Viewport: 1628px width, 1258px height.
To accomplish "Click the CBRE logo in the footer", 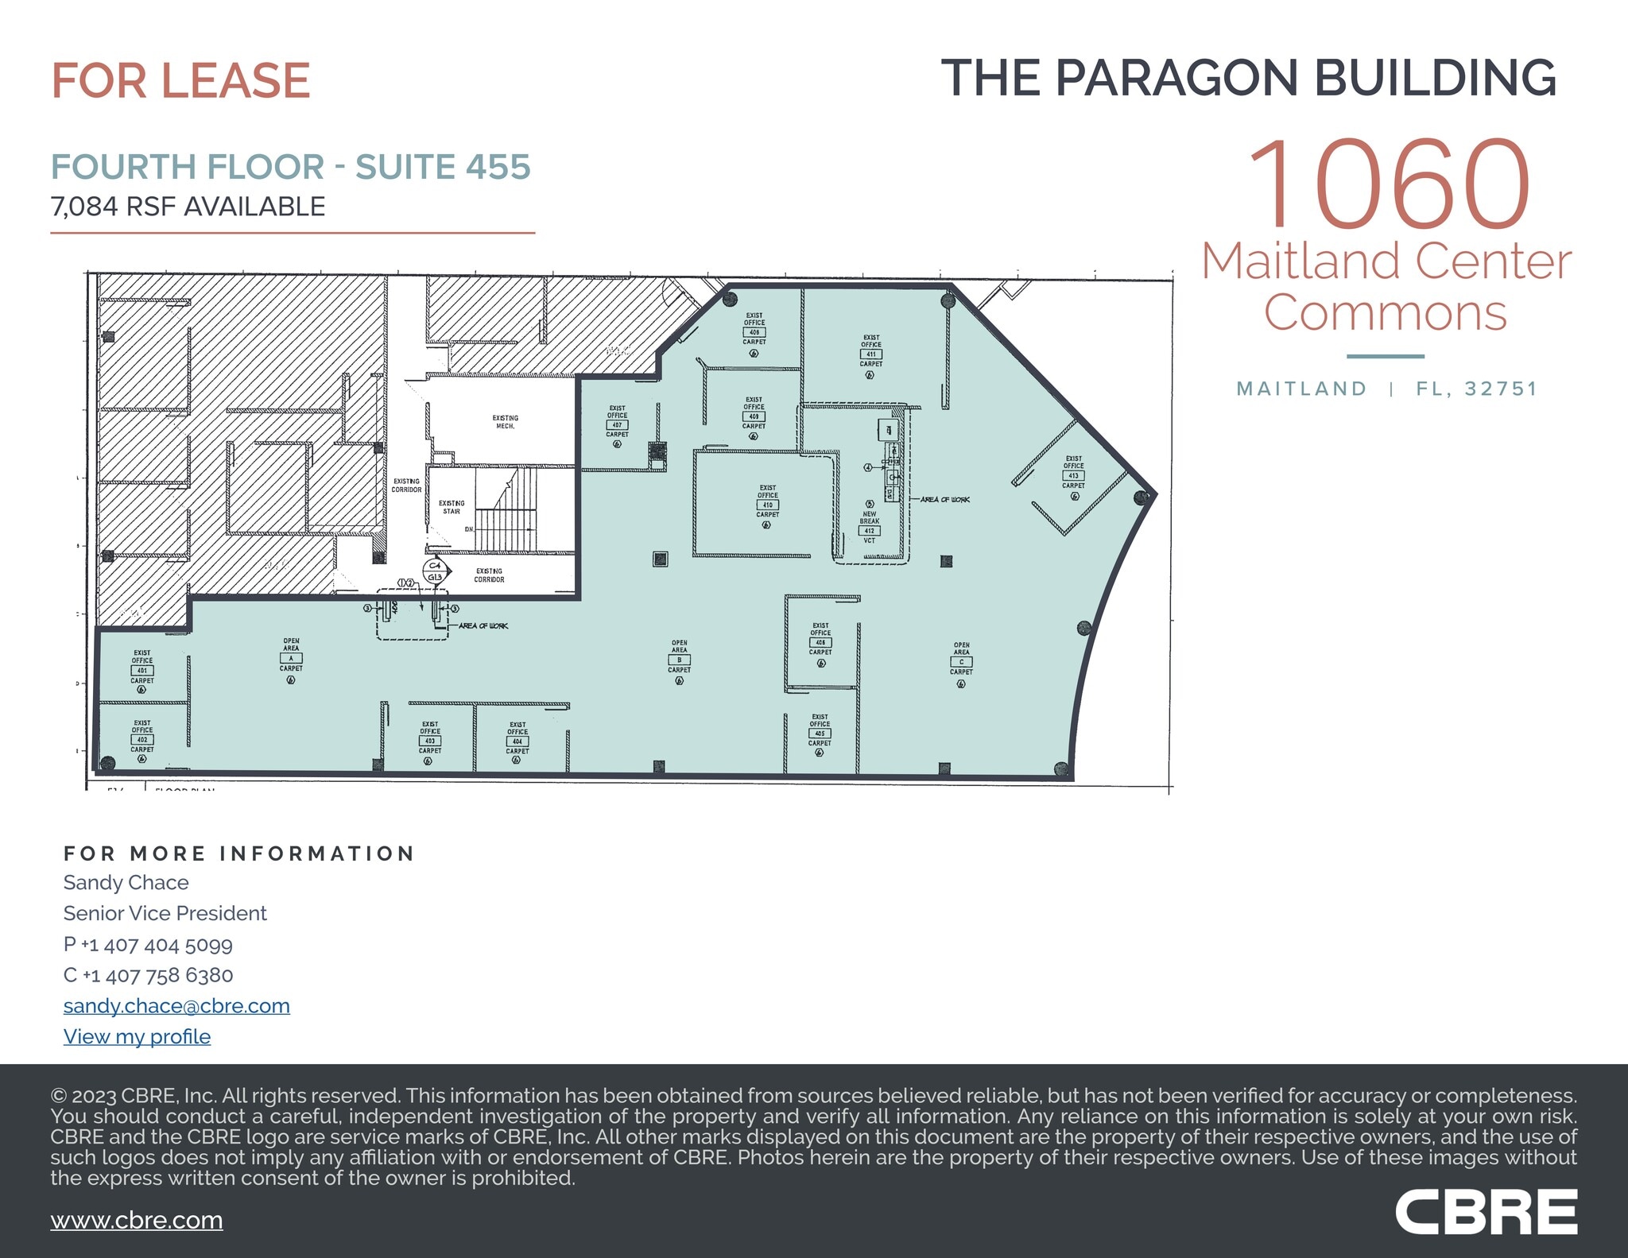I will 1486,1212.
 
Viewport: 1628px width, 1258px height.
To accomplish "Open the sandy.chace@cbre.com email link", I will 176,1006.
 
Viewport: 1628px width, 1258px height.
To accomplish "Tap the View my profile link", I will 137,1037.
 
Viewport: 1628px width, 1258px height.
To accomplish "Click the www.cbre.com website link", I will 137,1221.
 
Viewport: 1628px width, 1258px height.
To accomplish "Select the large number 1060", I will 1388,184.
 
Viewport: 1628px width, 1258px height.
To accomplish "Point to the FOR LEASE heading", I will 180,81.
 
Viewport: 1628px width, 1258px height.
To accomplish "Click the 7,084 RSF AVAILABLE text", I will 188,207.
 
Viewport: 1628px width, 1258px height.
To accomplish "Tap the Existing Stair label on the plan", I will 452,507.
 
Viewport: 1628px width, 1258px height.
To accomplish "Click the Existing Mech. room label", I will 505,421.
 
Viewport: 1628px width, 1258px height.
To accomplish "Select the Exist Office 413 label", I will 1073,474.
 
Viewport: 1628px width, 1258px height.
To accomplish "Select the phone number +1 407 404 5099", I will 157,945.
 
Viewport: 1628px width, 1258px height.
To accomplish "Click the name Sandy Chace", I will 126,883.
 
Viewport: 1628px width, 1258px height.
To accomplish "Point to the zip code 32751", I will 1501,389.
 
